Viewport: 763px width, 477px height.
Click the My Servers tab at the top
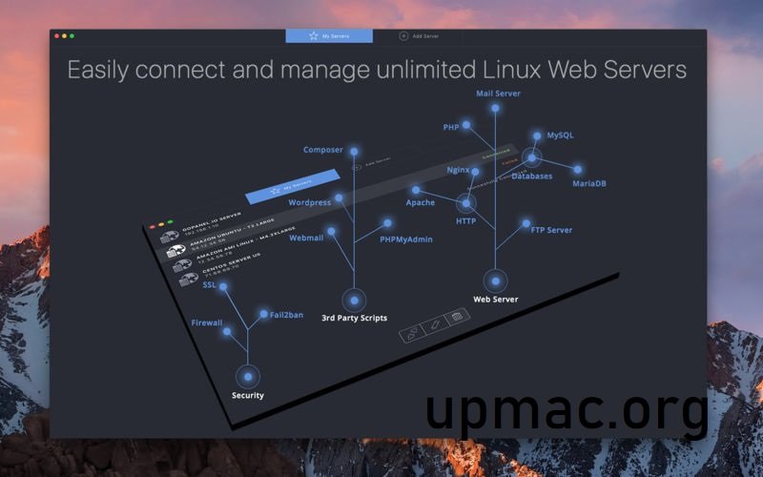[x=328, y=35]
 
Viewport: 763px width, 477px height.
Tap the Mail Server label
[x=498, y=93]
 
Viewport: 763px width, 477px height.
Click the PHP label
[x=451, y=127]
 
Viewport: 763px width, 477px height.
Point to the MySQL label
[x=560, y=135]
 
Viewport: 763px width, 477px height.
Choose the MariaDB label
[x=588, y=183]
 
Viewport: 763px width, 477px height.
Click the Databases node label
[x=531, y=176]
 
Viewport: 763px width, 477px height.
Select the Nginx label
[x=459, y=169]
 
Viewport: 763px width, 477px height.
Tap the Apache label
[x=421, y=202]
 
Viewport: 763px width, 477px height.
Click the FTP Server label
[x=551, y=230]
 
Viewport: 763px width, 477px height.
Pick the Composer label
[x=322, y=150]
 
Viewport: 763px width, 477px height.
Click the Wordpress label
[x=309, y=202]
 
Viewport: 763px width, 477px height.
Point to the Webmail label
[x=306, y=238]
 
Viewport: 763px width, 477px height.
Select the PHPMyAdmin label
[x=406, y=239]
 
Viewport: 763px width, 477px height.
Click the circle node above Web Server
[x=495, y=280]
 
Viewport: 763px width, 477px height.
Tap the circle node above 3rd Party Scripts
[x=354, y=300]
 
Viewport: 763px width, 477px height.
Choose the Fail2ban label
[x=286, y=315]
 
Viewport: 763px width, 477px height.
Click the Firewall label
[x=206, y=322]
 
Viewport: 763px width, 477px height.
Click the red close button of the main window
[x=56, y=35]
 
